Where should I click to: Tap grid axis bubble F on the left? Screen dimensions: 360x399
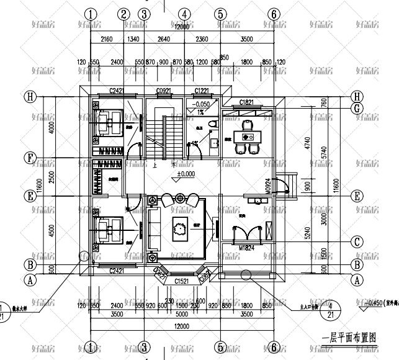29,158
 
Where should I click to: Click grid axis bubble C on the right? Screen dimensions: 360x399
356,241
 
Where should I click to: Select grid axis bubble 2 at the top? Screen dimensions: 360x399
123,14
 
